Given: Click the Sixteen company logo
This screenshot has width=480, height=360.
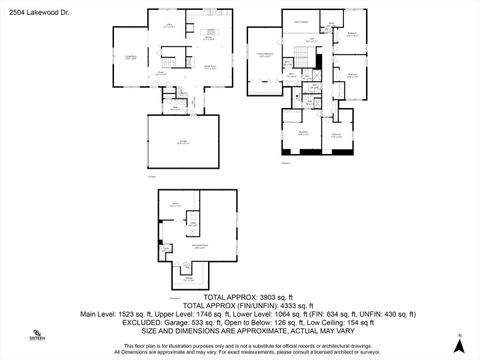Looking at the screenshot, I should [37, 335].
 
